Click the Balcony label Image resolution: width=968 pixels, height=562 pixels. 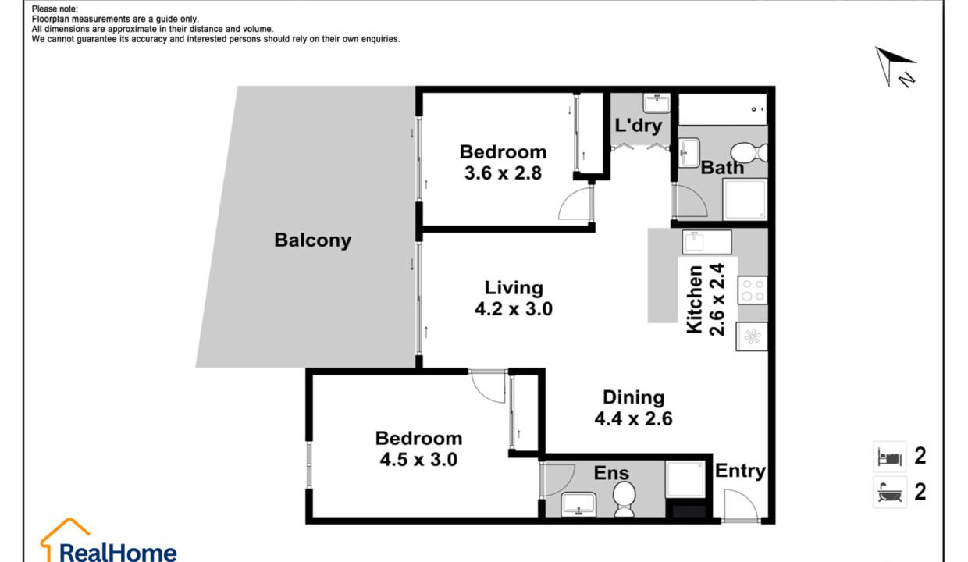coord(313,240)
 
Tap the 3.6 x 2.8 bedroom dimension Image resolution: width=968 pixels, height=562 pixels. coord(503,173)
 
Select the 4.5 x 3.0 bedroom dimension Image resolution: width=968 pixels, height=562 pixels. coord(418,459)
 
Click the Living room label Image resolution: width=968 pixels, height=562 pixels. coord(514,288)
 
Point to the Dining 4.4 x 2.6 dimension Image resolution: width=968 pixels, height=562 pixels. coord(634,418)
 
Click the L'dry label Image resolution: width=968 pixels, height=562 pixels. coord(639,126)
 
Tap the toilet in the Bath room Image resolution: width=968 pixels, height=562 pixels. coord(749,152)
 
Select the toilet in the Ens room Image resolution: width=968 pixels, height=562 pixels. coord(624,499)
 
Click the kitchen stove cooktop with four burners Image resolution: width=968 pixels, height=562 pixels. coord(753,290)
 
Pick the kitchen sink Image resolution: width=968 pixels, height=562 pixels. coord(707,242)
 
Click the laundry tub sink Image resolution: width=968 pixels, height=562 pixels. coord(657,104)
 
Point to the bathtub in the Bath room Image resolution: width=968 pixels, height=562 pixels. coord(723,110)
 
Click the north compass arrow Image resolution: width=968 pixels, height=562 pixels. coord(893,65)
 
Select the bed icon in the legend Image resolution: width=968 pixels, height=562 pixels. coord(890,457)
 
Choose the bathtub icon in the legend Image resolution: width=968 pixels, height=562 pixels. coord(890,493)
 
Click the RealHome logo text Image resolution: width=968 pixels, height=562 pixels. coord(118,553)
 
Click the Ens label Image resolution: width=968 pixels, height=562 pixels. coord(611,473)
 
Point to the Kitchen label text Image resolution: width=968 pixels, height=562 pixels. coord(695,300)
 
